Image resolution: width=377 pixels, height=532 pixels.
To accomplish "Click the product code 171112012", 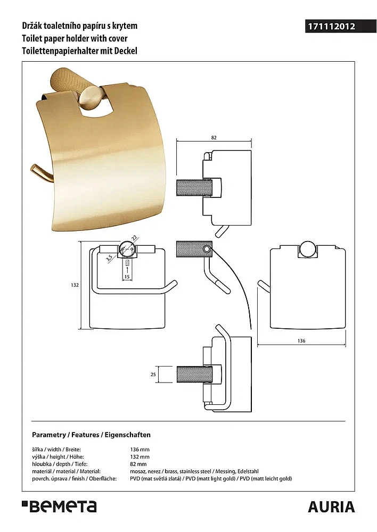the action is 331,27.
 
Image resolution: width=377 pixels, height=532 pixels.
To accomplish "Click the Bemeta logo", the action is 60,506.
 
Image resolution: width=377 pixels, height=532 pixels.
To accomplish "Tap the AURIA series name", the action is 332,507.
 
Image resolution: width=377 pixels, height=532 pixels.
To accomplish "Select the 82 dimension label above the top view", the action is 214,138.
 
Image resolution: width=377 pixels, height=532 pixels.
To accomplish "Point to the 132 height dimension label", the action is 75,285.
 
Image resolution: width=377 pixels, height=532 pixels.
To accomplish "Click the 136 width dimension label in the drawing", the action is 301,340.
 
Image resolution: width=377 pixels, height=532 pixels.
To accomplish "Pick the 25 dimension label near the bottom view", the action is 153,374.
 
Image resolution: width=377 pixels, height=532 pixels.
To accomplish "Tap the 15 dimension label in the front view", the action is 127,277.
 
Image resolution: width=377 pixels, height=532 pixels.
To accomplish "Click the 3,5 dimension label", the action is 109,259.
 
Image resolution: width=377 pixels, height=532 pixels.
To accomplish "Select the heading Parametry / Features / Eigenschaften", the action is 91,435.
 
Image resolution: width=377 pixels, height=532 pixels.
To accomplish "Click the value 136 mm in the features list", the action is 140,450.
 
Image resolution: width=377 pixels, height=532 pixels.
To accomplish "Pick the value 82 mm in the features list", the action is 138,464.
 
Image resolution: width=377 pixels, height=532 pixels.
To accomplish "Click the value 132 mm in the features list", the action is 140,457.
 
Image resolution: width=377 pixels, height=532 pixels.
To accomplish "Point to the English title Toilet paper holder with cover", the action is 75,38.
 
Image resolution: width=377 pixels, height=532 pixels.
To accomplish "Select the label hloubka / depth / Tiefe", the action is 60,464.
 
